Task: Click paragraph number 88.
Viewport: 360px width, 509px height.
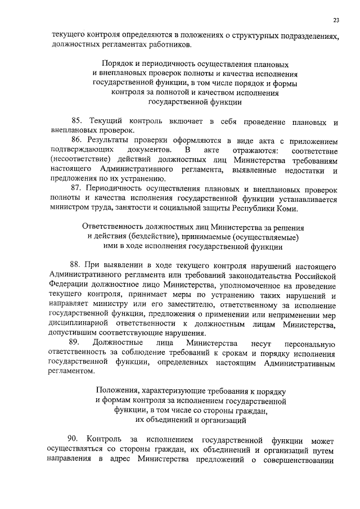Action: (x=77, y=265)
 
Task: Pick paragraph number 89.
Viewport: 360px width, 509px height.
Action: (x=75, y=343)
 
